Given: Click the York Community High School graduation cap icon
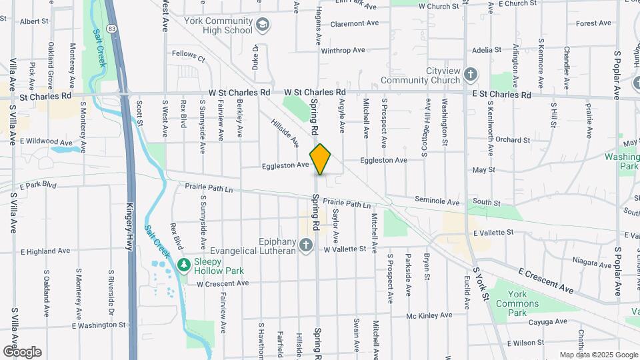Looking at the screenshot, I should (x=263, y=25).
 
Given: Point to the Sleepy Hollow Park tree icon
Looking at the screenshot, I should (x=184, y=265).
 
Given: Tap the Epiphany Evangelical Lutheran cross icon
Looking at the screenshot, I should (x=306, y=245).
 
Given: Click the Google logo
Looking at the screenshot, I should (x=21, y=352).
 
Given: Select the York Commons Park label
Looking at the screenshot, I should (x=527, y=303).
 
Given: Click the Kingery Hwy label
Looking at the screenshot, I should (x=131, y=227).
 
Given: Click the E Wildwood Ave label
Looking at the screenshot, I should (x=46, y=142).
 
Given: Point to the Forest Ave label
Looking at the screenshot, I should (x=593, y=23).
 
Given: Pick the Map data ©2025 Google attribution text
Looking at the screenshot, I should (x=598, y=355).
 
